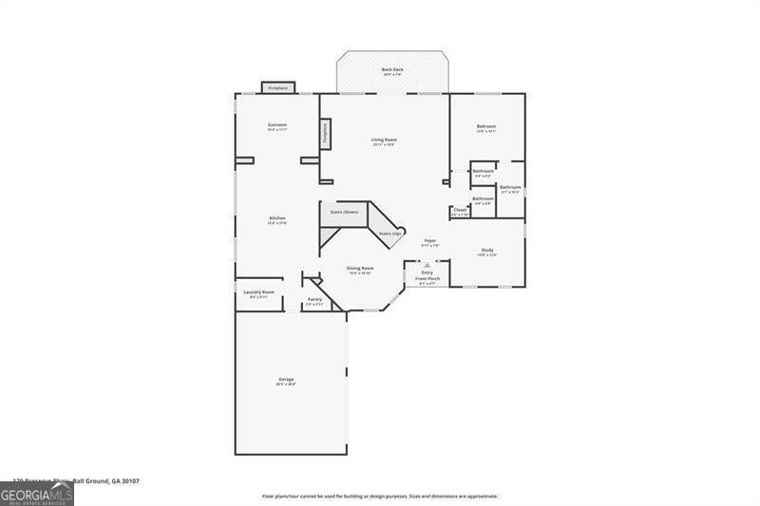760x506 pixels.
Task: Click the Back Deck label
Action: [392, 70]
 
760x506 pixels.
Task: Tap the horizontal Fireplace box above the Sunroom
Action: [277, 87]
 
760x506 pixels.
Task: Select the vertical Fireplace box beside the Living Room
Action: [325, 134]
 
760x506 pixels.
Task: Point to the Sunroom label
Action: [277, 125]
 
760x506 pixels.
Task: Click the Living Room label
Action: [384, 140]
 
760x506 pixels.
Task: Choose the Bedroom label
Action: [486, 126]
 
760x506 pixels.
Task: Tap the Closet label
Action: [460, 210]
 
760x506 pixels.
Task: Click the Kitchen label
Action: [277, 218]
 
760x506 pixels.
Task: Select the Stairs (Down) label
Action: [344, 212]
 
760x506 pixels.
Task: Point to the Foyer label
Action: [429, 241]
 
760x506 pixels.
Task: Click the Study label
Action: [486, 251]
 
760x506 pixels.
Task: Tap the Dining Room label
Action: [360, 269]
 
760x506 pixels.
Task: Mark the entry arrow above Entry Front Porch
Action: [427, 265]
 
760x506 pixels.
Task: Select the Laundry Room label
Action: [258, 292]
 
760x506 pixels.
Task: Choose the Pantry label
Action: [314, 300]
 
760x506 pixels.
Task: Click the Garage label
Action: [286, 380]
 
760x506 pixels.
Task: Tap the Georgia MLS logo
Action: [36, 495]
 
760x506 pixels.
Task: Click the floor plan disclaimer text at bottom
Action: [380, 496]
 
